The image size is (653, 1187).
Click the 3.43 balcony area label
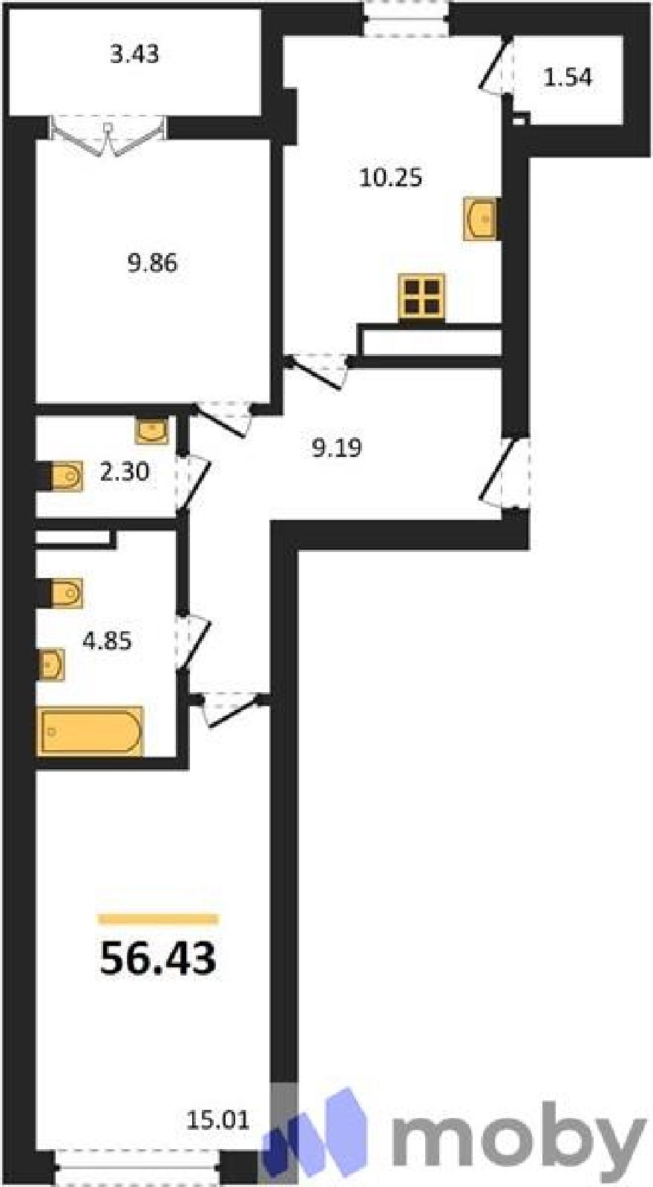[134, 55]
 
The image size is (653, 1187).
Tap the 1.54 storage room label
[568, 77]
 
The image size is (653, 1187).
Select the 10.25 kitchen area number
[390, 177]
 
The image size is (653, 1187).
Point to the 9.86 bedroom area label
[152, 263]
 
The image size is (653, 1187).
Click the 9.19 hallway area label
[337, 448]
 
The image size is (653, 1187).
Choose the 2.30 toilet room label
[125, 472]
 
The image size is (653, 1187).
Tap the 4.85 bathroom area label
[107, 641]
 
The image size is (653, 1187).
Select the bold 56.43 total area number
[158, 958]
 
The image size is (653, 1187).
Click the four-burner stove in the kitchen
[421, 297]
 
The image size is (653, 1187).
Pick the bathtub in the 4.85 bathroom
[91, 731]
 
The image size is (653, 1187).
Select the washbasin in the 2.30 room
[152, 430]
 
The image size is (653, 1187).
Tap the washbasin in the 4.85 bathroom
[52, 665]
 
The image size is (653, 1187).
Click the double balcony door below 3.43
[108, 137]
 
